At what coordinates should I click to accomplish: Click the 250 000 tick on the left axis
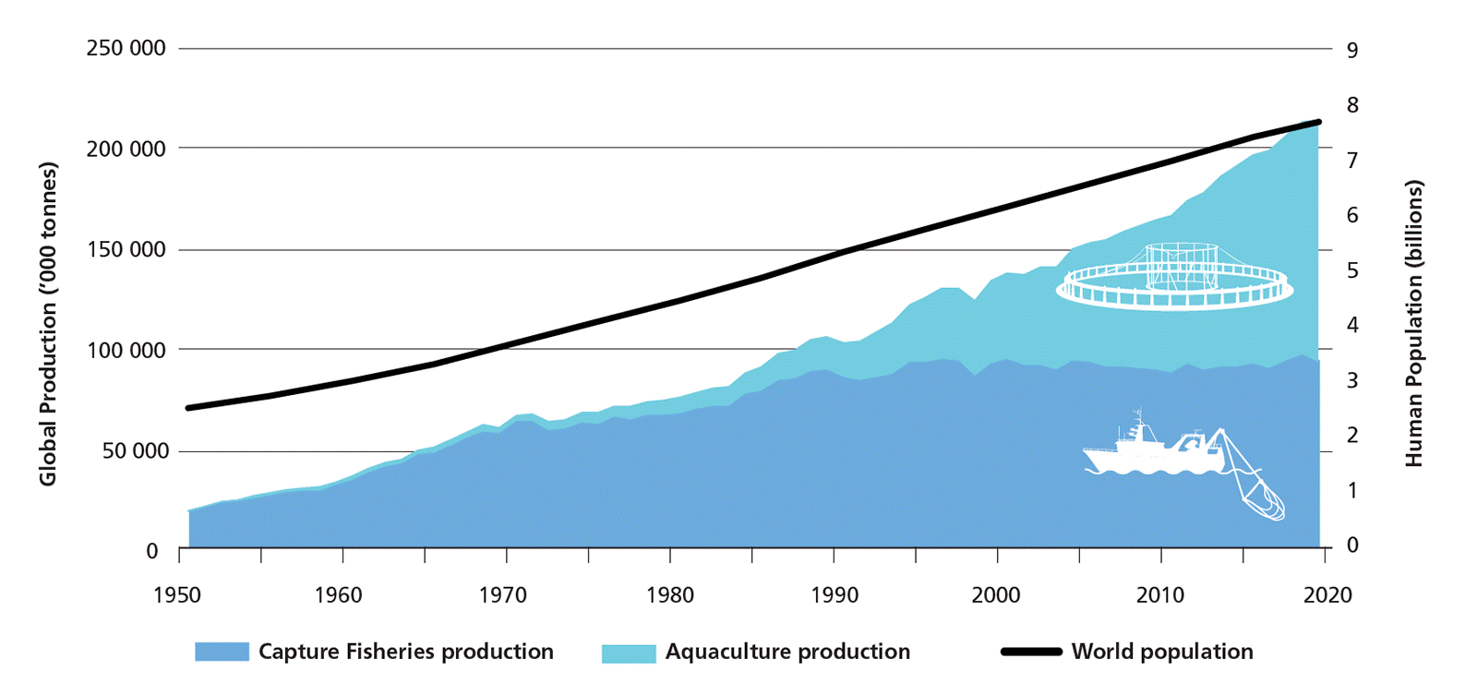[126, 48]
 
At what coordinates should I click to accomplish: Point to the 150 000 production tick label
[126, 249]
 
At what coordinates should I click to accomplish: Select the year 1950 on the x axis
[177, 595]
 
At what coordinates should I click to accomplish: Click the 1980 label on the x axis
[670, 595]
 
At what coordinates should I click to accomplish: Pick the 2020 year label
[1327, 595]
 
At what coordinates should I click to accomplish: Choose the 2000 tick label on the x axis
[996, 595]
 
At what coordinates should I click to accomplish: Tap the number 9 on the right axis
[1352, 50]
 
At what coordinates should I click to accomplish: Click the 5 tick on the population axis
[1352, 270]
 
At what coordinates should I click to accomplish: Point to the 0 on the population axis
[1352, 545]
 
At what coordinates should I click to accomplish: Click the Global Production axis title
[48, 324]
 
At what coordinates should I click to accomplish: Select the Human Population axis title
[1414, 323]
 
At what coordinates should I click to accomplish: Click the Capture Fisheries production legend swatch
[222, 652]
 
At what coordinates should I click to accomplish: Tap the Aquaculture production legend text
[787, 652]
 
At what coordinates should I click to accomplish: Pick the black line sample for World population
[1031, 652]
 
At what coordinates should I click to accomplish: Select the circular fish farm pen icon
[1174, 276]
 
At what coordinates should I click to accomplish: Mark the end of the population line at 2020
[1319, 122]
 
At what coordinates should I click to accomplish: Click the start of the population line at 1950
[188, 407]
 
